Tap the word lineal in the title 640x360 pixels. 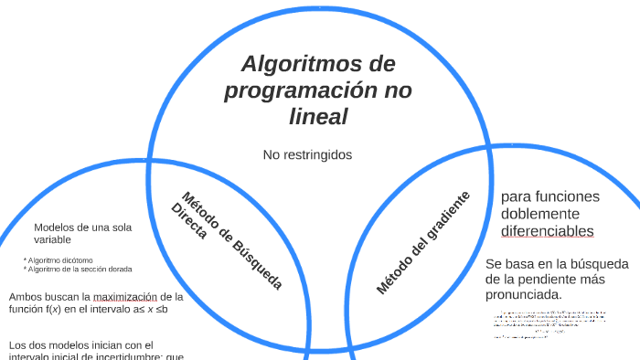[317, 117]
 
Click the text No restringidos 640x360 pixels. [307, 154]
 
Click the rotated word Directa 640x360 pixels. [189, 222]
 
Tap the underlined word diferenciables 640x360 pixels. [547, 230]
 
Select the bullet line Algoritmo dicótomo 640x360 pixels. [60, 259]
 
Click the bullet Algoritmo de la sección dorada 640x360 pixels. [80, 270]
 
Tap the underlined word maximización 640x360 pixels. [125, 296]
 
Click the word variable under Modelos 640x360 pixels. [54, 239]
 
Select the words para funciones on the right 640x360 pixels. [549, 197]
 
